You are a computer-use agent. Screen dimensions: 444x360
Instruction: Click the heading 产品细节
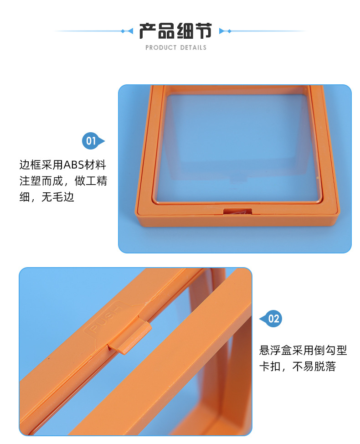point(175,31)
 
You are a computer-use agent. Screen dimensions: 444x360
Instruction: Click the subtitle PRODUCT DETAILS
point(176,47)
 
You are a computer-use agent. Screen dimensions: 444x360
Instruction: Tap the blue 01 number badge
point(91,141)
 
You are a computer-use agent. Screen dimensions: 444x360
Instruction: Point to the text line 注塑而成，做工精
point(63,181)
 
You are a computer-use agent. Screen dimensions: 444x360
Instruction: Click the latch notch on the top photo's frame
point(237,211)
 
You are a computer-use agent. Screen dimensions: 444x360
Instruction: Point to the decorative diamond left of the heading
point(123,31)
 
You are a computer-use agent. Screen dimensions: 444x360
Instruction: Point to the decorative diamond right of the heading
point(229,31)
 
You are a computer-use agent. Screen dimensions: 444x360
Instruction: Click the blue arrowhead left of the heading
point(130,31)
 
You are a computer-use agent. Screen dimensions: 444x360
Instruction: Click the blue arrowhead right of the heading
point(222,31)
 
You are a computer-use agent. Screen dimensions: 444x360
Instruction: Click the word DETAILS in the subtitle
point(193,47)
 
